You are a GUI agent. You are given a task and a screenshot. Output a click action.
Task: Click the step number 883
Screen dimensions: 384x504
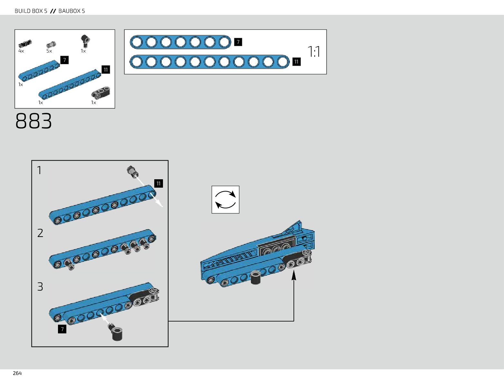pos(33,121)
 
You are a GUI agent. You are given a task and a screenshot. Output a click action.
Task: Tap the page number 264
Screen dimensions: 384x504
pos(17,373)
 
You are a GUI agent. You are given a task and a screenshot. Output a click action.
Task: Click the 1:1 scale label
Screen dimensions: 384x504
pos(314,52)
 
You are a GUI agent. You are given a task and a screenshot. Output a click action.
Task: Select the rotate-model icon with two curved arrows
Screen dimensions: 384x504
pos(225,200)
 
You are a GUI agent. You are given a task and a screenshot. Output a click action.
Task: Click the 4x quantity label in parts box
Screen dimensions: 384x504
pos(21,51)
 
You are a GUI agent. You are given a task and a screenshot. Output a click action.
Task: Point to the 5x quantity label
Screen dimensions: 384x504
pos(49,51)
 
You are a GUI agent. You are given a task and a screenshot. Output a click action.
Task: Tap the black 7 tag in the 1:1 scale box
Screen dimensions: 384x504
pos(238,42)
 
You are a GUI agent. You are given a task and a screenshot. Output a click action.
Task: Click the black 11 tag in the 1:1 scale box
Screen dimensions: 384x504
pos(296,62)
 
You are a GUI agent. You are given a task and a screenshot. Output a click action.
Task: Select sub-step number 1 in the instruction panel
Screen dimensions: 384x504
pos(39,170)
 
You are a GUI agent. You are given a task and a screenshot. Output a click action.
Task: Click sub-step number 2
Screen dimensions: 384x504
pos(40,233)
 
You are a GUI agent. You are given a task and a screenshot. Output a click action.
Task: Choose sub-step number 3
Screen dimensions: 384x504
pos(40,287)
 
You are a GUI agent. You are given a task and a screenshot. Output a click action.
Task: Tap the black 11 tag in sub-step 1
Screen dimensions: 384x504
pos(158,183)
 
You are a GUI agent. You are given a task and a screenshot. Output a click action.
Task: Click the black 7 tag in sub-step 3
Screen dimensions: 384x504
pos(62,329)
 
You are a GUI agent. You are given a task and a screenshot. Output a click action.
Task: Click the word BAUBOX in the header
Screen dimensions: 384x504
pos(70,11)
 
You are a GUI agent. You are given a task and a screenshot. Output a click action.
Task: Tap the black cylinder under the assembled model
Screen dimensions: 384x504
pos(256,277)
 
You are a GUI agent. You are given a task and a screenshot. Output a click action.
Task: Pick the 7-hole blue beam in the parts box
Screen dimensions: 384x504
pos(39,71)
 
